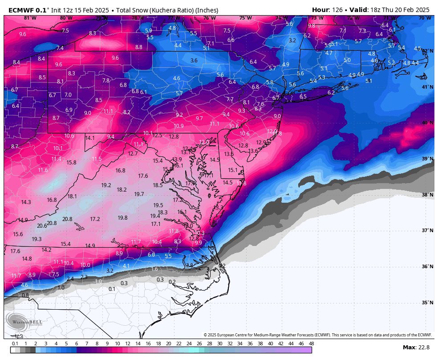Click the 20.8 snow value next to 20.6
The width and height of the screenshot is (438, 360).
(52, 223)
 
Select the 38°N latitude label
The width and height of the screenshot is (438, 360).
(428, 195)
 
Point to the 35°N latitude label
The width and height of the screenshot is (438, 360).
(428, 303)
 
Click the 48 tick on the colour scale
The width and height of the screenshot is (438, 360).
(311, 344)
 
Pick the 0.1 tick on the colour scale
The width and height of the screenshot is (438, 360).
(15, 344)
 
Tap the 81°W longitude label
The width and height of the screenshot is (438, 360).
(30, 18)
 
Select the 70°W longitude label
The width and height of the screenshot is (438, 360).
(425, 18)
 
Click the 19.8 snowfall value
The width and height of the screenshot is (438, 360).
(123, 218)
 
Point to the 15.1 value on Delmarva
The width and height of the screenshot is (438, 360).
(233, 170)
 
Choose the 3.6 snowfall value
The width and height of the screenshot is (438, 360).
(194, 61)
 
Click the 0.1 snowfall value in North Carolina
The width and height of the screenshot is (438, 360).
(112, 289)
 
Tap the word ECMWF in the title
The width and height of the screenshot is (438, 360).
(19, 9)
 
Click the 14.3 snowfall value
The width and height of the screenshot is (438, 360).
(26, 202)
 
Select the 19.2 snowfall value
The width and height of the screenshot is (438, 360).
(106, 185)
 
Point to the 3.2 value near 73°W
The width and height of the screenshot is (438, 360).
(292, 41)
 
